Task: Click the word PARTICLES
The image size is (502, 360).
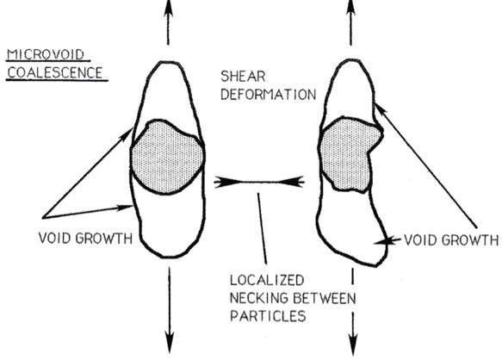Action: coord(264,316)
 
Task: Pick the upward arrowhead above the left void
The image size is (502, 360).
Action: coord(169,8)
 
